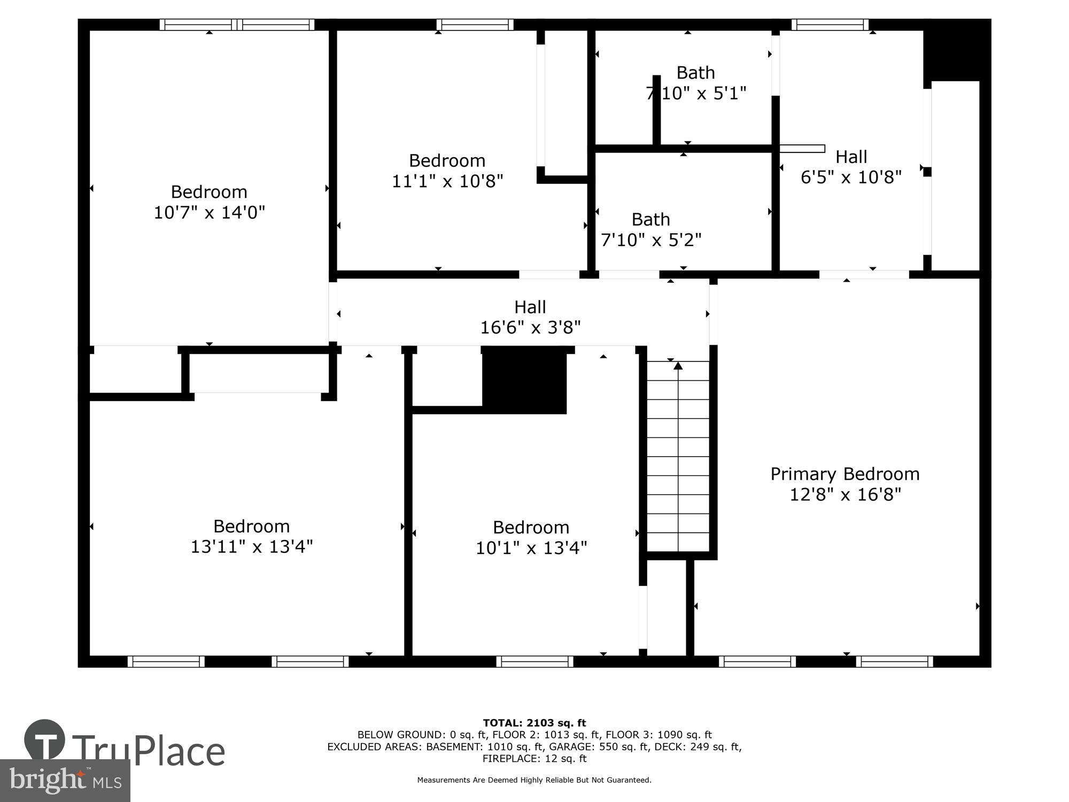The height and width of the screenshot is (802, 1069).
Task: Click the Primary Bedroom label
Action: (845, 474)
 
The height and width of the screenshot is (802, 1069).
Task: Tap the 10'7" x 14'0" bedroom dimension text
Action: (209, 213)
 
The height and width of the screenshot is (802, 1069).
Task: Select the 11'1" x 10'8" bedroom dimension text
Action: (447, 182)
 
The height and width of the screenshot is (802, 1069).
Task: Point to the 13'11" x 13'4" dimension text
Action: (251, 547)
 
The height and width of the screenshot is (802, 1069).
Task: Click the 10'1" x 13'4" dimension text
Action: (531, 548)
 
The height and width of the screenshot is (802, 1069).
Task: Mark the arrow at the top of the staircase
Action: (678, 366)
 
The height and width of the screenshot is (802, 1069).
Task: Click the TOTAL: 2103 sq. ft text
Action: (534, 723)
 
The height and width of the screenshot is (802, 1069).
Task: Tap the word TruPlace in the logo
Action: (149, 751)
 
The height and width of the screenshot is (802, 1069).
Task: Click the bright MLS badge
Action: (65, 781)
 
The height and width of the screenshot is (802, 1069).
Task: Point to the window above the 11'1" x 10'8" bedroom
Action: (475, 25)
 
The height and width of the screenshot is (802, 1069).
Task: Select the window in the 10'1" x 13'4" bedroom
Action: (534, 661)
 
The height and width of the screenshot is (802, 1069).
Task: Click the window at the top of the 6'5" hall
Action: (830, 25)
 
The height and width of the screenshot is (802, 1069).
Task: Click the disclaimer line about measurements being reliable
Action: (534, 780)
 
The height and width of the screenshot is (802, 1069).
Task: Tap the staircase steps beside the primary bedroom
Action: (678, 460)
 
